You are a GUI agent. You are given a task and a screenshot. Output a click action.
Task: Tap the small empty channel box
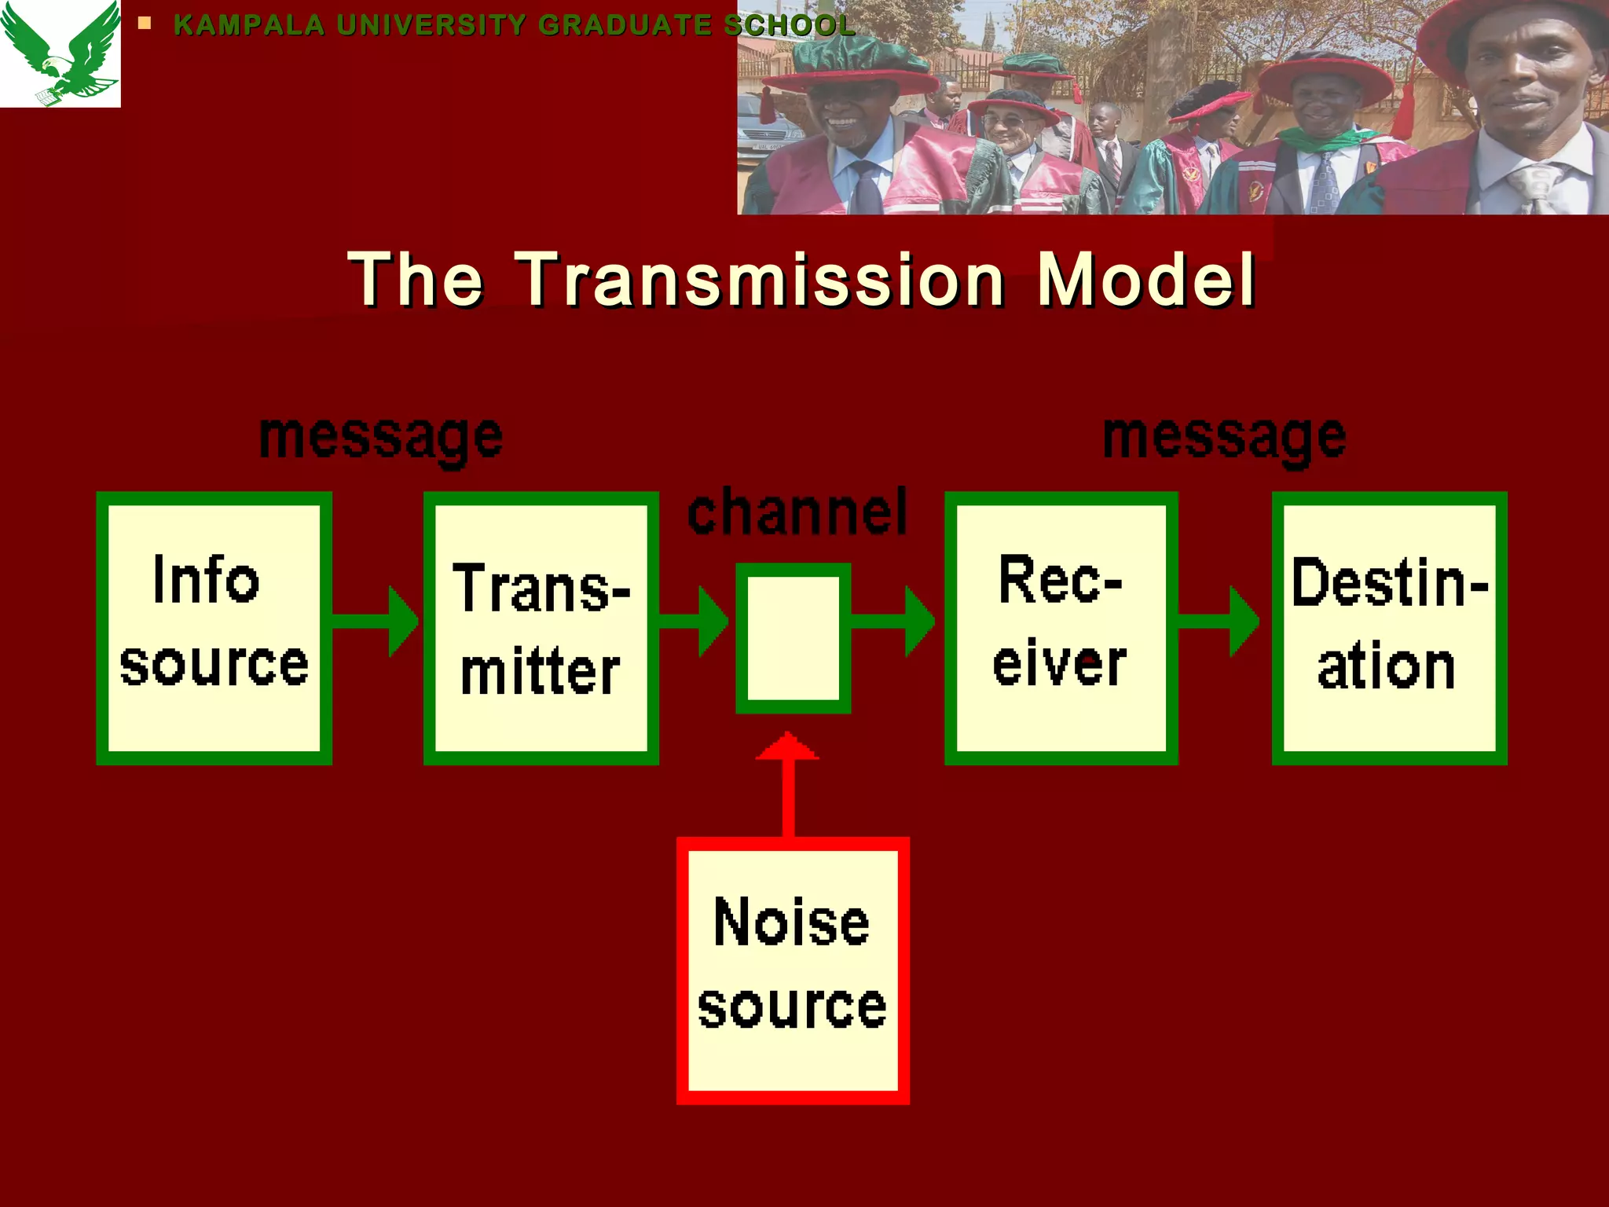tap(793, 637)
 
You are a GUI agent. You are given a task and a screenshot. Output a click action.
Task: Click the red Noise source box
tap(793, 970)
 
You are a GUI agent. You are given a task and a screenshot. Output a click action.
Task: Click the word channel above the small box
tap(797, 512)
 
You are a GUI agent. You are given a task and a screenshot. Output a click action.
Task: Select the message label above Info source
tap(381, 438)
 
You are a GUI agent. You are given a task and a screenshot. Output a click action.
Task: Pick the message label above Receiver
tap(1224, 438)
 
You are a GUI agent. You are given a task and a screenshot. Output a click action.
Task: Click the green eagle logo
tap(60, 53)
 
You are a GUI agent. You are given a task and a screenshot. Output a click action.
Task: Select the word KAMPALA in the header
tap(249, 25)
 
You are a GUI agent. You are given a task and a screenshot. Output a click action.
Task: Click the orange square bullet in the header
tap(144, 24)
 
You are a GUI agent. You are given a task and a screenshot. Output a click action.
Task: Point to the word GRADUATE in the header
tap(625, 25)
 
